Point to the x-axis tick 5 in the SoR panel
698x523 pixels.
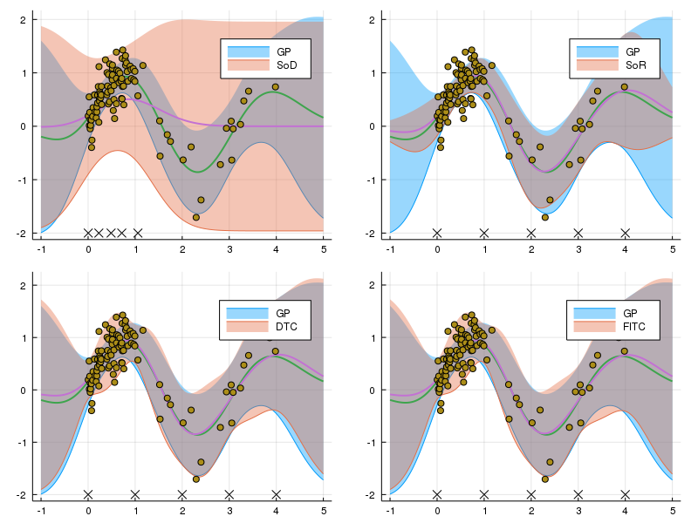673,249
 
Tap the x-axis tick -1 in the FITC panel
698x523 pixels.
390,511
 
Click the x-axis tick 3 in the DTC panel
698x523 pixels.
229,511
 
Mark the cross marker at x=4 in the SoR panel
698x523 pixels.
626,233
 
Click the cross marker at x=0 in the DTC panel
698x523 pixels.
88,494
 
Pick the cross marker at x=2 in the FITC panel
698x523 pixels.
531,494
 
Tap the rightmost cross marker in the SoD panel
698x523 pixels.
137,233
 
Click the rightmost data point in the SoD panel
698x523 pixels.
276,86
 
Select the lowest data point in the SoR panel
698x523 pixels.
545,217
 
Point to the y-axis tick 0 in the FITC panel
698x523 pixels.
377,390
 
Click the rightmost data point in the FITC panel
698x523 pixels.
625,350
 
